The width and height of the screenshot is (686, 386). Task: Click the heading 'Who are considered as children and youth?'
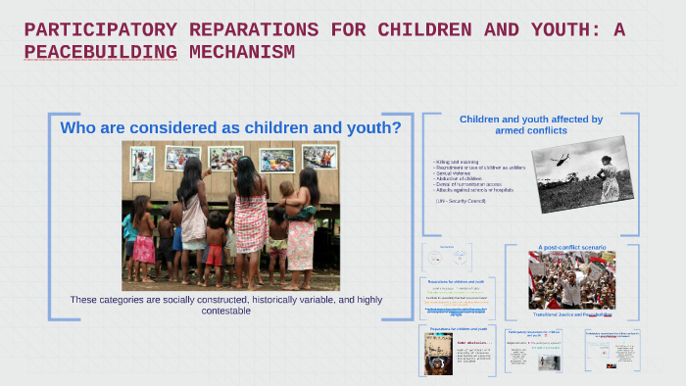coord(230,127)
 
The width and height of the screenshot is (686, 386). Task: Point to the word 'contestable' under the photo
coord(223,311)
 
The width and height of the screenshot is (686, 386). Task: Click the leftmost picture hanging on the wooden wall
coord(143,164)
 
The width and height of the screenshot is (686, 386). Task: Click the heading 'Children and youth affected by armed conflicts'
coord(531,124)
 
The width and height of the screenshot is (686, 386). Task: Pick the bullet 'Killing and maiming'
coord(458,162)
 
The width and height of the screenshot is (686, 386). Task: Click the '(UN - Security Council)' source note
coord(461,200)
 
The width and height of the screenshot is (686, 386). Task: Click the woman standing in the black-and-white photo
coord(609,178)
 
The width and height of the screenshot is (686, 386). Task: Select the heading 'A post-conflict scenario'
coord(571,248)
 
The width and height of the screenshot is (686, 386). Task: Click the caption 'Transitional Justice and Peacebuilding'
coord(571,314)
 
